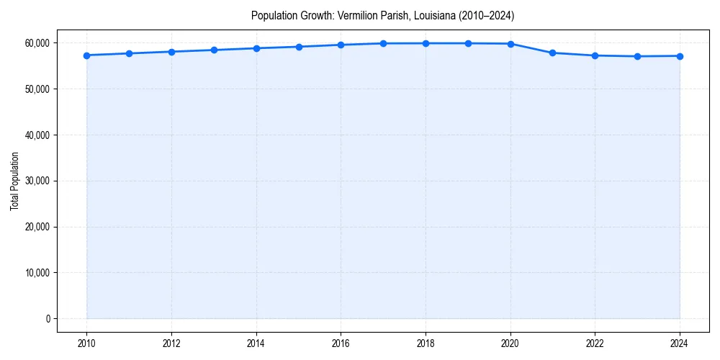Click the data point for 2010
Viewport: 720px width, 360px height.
click(x=86, y=55)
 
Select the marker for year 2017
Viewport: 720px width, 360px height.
click(x=383, y=43)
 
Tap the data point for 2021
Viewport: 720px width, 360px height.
click(x=552, y=53)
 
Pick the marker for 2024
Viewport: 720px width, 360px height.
click(x=680, y=56)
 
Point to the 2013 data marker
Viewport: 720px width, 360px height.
click(x=214, y=50)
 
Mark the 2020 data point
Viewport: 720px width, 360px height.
click(x=510, y=44)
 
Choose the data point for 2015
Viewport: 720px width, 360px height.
click(x=299, y=47)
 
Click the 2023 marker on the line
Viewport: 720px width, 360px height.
click(x=637, y=56)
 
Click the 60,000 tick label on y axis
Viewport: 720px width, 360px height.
click(x=36, y=43)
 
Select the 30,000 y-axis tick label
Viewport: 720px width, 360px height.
click(x=36, y=181)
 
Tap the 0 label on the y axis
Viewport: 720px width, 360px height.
click(x=48, y=319)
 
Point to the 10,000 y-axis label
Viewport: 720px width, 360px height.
click(x=36, y=273)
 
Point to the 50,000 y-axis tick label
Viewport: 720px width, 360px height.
click(x=36, y=89)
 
